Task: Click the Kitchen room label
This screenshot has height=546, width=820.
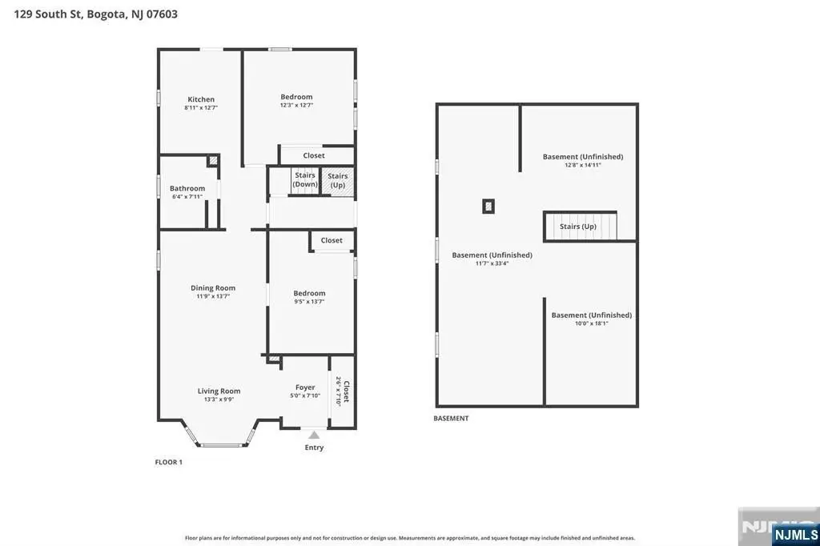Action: click(201, 99)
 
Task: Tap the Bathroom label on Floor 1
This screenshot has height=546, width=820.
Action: click(187, 188)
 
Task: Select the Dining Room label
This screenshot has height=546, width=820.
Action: click(213, 287)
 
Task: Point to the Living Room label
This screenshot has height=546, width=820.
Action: click(219, 391)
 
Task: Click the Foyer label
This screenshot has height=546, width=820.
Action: click(305, 387)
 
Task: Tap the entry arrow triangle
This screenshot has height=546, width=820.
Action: click(314, 436)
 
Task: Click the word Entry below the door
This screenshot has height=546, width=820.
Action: click(314, 448)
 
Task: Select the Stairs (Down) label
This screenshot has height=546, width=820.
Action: click(305, 179)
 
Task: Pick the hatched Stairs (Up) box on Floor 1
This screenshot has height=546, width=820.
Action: click(337, 182)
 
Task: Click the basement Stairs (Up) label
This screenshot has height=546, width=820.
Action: click(578, 227)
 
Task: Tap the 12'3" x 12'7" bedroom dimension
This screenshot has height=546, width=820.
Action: click(296, 105)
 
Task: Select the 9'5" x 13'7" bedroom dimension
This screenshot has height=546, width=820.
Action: click(309, 302)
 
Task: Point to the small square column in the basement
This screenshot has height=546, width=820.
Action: click(488, 206)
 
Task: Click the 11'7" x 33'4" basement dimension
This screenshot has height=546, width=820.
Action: click(492, 263)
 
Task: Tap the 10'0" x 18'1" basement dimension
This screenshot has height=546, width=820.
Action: click(592, 323)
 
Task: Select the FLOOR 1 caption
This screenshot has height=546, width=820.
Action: click(168, 462)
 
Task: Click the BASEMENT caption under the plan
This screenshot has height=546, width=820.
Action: click(451, 419)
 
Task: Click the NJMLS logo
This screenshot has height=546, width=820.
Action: click(795, 535)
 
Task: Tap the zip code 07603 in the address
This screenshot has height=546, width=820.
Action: click(162, 14)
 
